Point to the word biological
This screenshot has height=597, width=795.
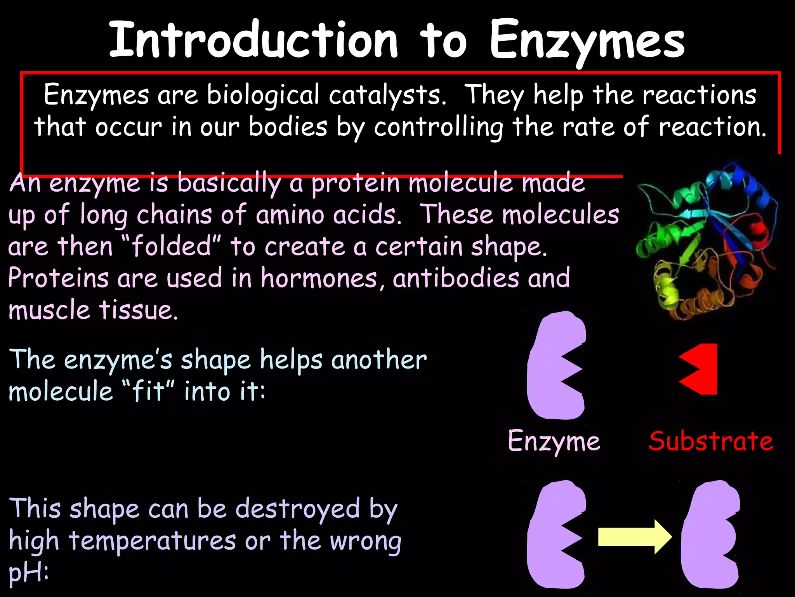[263, 95]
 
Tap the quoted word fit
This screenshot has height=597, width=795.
[148, 391]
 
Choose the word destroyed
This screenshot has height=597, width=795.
[298, 509]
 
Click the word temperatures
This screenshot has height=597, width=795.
[153, 541]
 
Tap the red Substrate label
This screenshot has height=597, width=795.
[711, 441]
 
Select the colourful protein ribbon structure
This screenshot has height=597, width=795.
[705, 241]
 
